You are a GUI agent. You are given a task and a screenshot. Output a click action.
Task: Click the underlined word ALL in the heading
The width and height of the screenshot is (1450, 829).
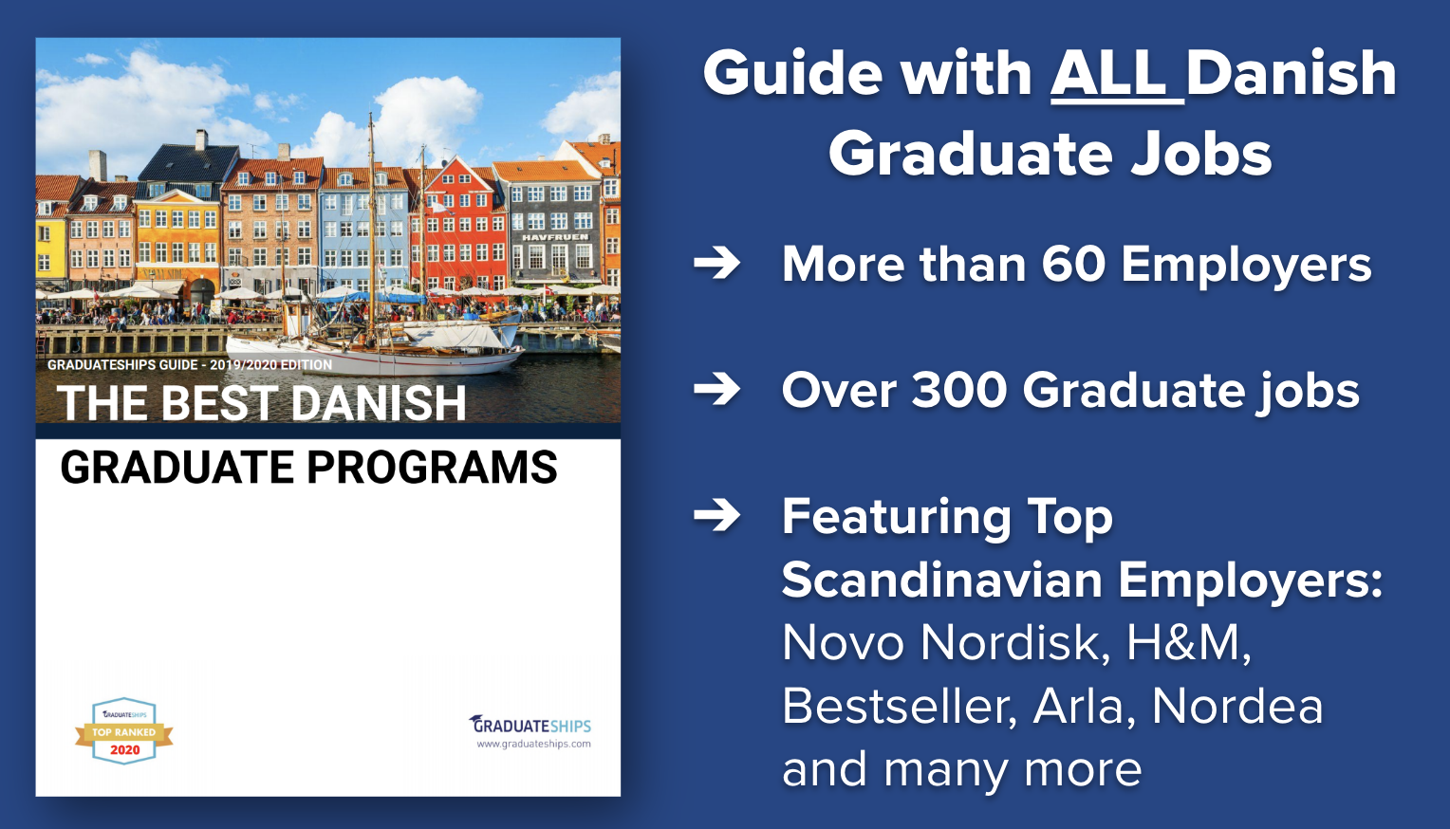coord(1116,74)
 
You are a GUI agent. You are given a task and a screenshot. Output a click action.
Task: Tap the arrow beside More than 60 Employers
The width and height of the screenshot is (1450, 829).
coord(716,263)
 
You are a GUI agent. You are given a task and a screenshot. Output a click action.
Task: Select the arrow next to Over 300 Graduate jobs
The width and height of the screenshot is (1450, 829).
coord(716,389)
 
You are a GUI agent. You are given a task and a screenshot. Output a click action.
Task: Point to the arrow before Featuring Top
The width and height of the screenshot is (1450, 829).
coord(716,515)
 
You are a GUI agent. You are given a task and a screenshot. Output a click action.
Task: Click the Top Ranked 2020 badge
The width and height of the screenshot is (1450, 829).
coord(123,731)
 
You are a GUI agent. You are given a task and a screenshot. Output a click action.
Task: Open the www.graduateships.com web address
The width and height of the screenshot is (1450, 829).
coord(533,745)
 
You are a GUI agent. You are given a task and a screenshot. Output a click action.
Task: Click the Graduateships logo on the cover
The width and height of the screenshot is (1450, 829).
coord(530,724)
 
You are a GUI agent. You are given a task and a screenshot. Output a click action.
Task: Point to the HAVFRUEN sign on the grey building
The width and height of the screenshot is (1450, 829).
coord(555,237)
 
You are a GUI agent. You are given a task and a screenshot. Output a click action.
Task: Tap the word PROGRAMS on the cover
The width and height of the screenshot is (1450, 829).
coord(432,468)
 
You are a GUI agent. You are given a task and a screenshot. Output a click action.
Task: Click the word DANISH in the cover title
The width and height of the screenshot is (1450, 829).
coord(379,403)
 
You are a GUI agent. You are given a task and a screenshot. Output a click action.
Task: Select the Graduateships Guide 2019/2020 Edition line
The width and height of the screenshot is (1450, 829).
coord(190,365)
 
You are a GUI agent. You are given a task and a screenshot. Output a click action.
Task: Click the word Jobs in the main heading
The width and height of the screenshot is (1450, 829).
coord(1200,156)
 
